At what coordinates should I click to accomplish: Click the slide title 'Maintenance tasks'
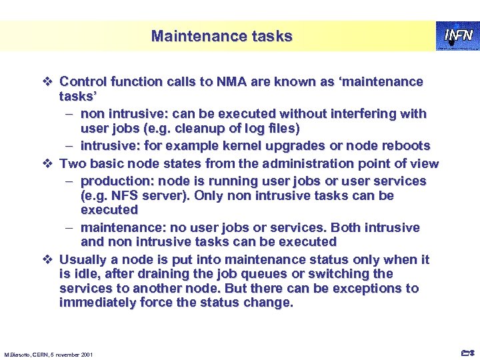pos(221,36)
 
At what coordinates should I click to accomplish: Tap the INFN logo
pos(457,35)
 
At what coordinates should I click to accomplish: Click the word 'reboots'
pos(405,145)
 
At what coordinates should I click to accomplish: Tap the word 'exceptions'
pos(372,289)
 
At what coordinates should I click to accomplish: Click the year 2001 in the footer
pos(87,354)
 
